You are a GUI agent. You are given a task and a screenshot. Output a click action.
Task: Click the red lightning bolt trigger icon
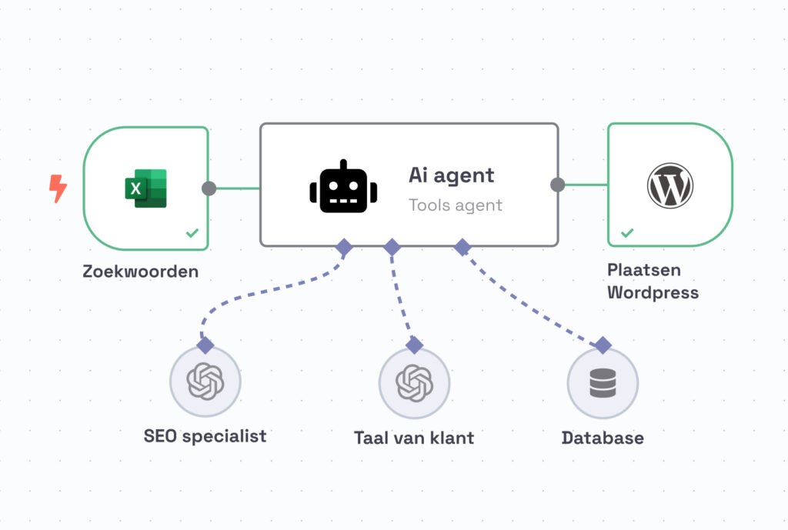point(58,188)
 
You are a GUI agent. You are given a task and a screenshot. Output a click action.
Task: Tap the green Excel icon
point(145,188)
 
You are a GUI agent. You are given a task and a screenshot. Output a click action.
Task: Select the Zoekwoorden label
point(141,272)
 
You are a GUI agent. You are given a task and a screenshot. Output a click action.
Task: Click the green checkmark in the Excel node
point(192,232)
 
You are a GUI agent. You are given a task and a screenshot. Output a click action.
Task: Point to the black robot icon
point(343,187)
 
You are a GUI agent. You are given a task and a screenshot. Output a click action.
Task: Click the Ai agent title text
point(451,175)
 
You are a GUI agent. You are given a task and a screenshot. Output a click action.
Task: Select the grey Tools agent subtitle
point(455,205)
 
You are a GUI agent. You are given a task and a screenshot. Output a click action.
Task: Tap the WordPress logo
point(669,185)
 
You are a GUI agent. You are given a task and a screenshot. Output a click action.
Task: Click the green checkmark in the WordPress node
point(627,232)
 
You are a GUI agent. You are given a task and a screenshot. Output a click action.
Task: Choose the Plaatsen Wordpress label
point(653,282)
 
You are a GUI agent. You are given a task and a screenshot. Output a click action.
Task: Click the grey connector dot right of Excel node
point(209,188)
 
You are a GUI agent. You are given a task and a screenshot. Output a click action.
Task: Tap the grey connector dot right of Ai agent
point(558,185)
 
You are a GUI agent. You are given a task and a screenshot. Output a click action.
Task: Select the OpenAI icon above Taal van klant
point(414,382)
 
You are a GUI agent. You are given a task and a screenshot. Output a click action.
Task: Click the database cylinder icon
point(603,382)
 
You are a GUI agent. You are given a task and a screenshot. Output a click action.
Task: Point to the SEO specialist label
point(205,436)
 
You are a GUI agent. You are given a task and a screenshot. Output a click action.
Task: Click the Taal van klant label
point(414,438)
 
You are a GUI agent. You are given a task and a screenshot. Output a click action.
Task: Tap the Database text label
point(603,438)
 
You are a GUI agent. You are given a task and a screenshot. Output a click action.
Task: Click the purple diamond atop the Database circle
point(603,345)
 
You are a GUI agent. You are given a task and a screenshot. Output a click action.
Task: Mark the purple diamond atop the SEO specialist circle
point(205,344)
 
